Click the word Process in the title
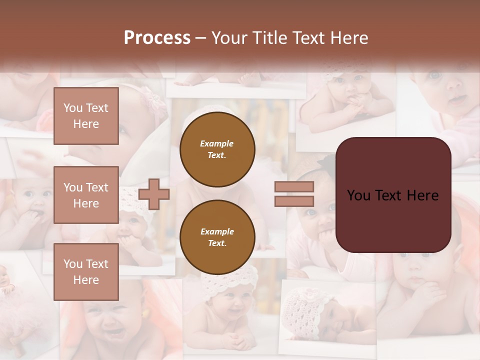point(157,38)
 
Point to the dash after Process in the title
point(201,38)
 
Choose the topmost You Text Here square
point(86,116)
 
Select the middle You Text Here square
point(86,195)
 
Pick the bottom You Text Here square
point(86,271)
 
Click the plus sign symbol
point(154,194)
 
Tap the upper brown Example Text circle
point(217,149)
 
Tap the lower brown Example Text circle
point(217,237)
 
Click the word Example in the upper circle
point(217,143)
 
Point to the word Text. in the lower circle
point(217,243)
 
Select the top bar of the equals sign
point(294,187)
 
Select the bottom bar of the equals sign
point(294,201)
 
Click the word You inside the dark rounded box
point(358,195)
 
